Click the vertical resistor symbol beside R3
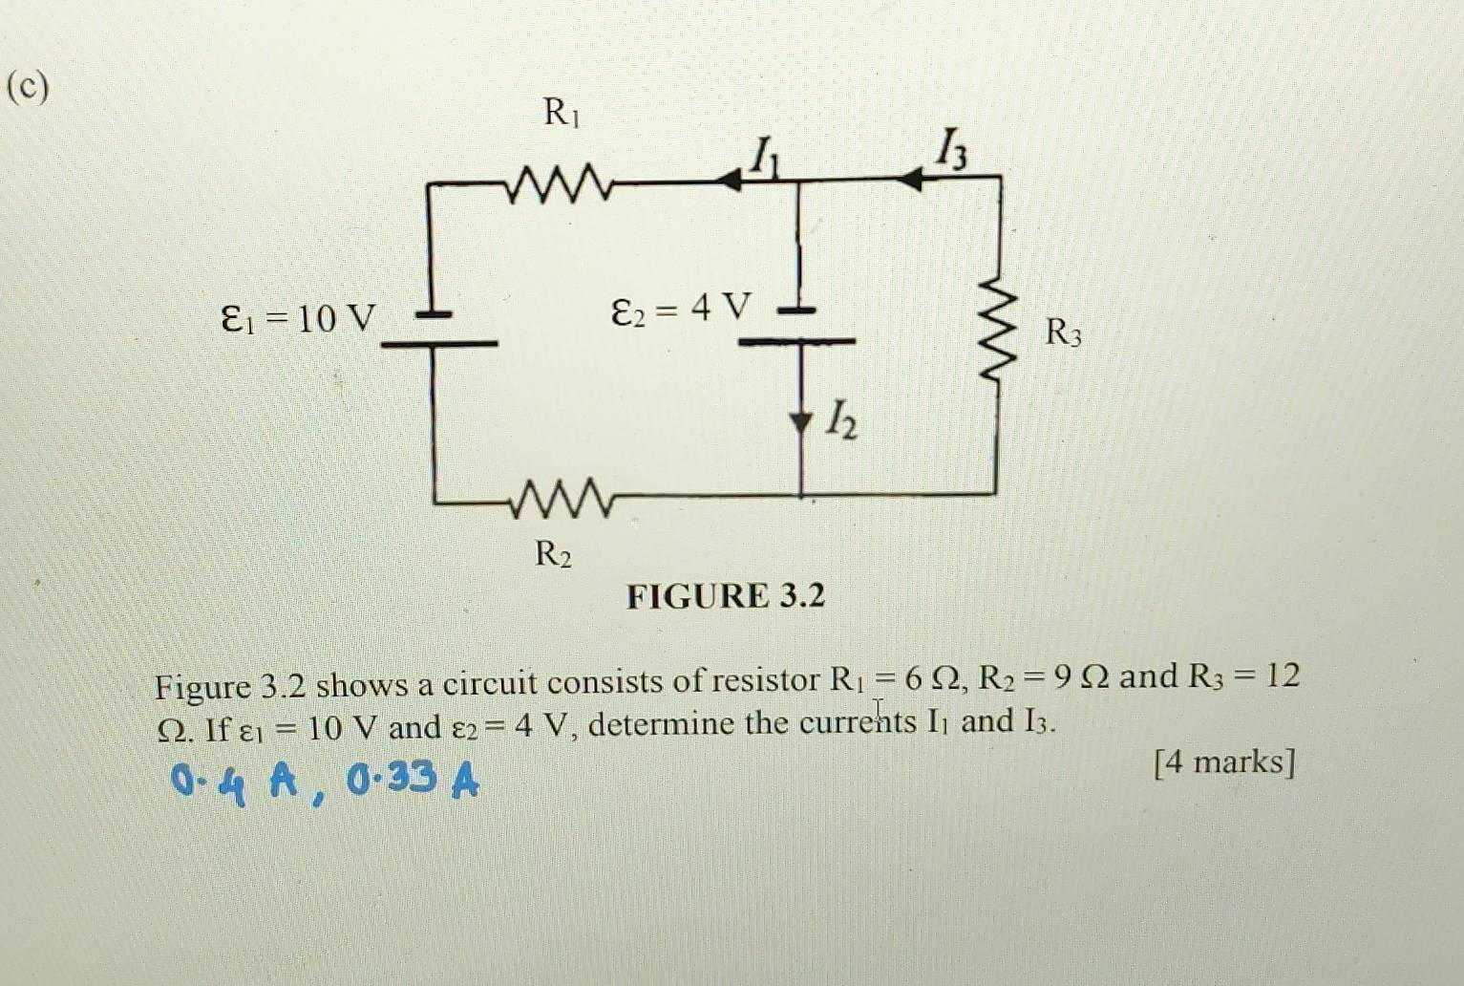click(x=997, y=334)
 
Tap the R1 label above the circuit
click(x=562, y=113)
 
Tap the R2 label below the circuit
click(x=553, y=553)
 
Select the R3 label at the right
click(x=1063, y=332)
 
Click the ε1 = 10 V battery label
click(x=299, y=317)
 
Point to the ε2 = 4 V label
click(x=681, y=309)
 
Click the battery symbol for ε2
click(x=798, y=325)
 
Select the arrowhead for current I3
click(x=911, y=179)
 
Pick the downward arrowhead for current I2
click(x=800, y=421)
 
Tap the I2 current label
click(x=840, y=419)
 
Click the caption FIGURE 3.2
click(x=726, y=596)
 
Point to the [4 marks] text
click(x=1224, y=762)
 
